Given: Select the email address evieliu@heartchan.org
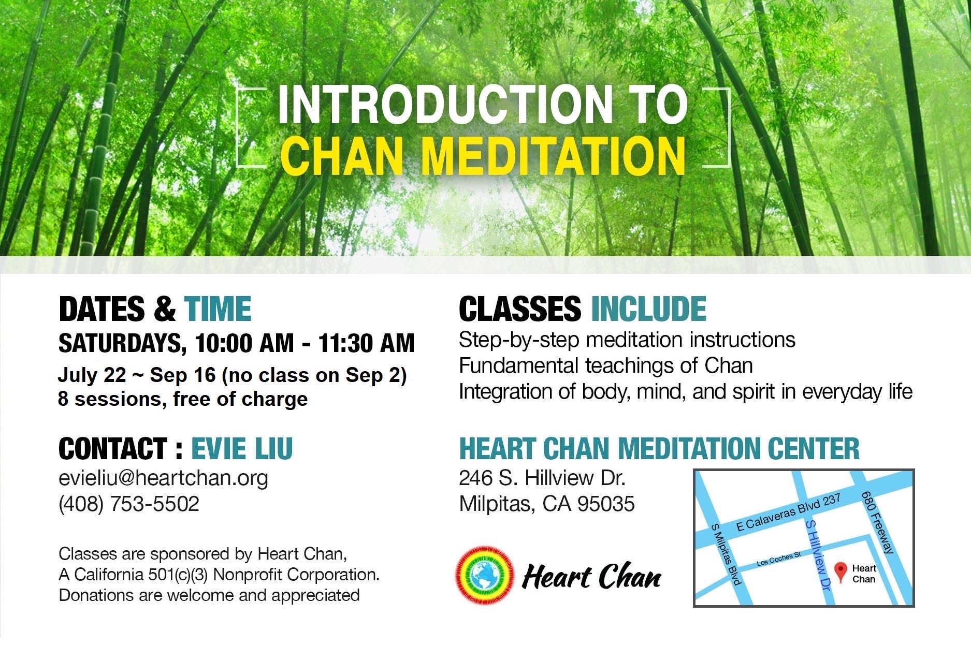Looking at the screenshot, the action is click(x=164, y=478).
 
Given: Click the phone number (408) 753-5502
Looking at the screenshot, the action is click(x=129, y=504).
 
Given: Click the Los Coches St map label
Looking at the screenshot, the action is click(x=779, y=559).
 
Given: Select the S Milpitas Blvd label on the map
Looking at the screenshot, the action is click(x=726, y=554).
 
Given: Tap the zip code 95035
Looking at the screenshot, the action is click(x=606, y=504).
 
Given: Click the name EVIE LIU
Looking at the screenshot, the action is click(x=242, y=448).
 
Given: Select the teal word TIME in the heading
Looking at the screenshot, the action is click(x=218, y=309).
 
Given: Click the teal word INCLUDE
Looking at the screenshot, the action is click(x=648, y=309).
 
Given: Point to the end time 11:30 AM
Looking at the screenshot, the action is click(x=366, y=343).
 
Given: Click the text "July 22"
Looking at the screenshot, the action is click(x=92, y=375).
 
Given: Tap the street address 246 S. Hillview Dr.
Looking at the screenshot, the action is click(x=542, y=478).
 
